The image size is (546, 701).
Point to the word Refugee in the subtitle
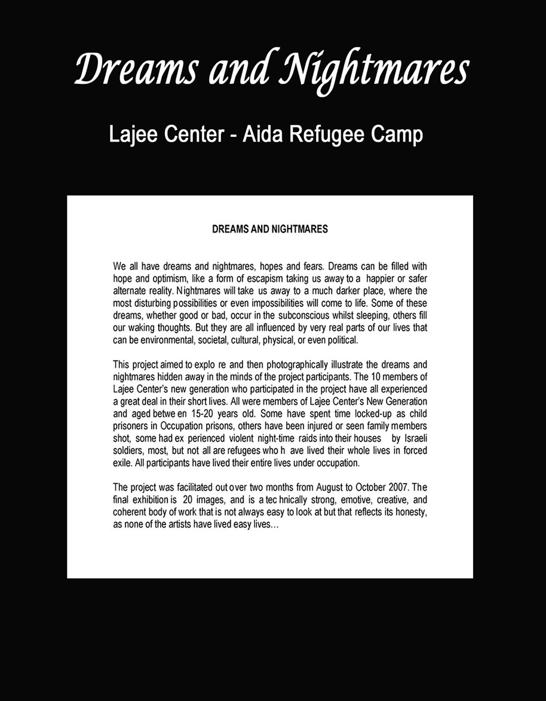[327, 135]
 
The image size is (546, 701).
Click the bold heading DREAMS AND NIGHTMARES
[270, 229]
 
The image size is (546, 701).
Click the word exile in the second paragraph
[123, 463]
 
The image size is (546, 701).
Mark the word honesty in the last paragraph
[410, 512]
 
